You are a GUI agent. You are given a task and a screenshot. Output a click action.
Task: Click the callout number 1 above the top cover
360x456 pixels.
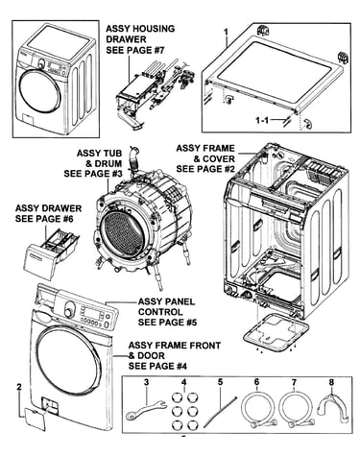[226, 32]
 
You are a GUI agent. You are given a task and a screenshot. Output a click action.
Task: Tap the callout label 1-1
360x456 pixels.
[263, 120]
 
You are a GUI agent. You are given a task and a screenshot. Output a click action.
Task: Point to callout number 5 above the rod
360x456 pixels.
[220, 382]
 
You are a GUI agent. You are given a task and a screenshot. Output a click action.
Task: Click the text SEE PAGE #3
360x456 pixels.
[93, 174]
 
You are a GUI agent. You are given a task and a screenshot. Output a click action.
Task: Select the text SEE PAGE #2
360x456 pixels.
[205, 169]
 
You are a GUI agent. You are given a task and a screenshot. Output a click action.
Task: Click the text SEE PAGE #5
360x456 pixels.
[167, 322]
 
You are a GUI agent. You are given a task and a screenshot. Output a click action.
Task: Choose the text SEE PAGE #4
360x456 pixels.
[157, 366]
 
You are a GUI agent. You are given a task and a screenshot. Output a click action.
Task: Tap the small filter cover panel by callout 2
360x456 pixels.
[36, 417]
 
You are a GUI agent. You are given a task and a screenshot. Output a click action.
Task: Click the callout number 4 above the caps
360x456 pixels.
[183, 382]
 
